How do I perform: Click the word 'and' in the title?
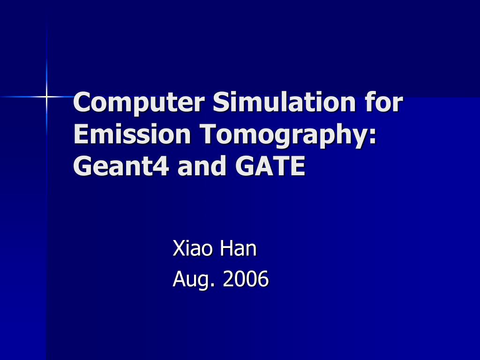pyautogui.click(x=202, y=166)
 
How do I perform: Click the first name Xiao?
pyautogui.click(x=194, y=248)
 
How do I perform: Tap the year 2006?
pyautogui.click(x=246, y=279)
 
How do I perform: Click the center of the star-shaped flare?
pyautogui.click(x=46, y=97)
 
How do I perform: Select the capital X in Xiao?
pyautogui.click(x=178, y=248)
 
